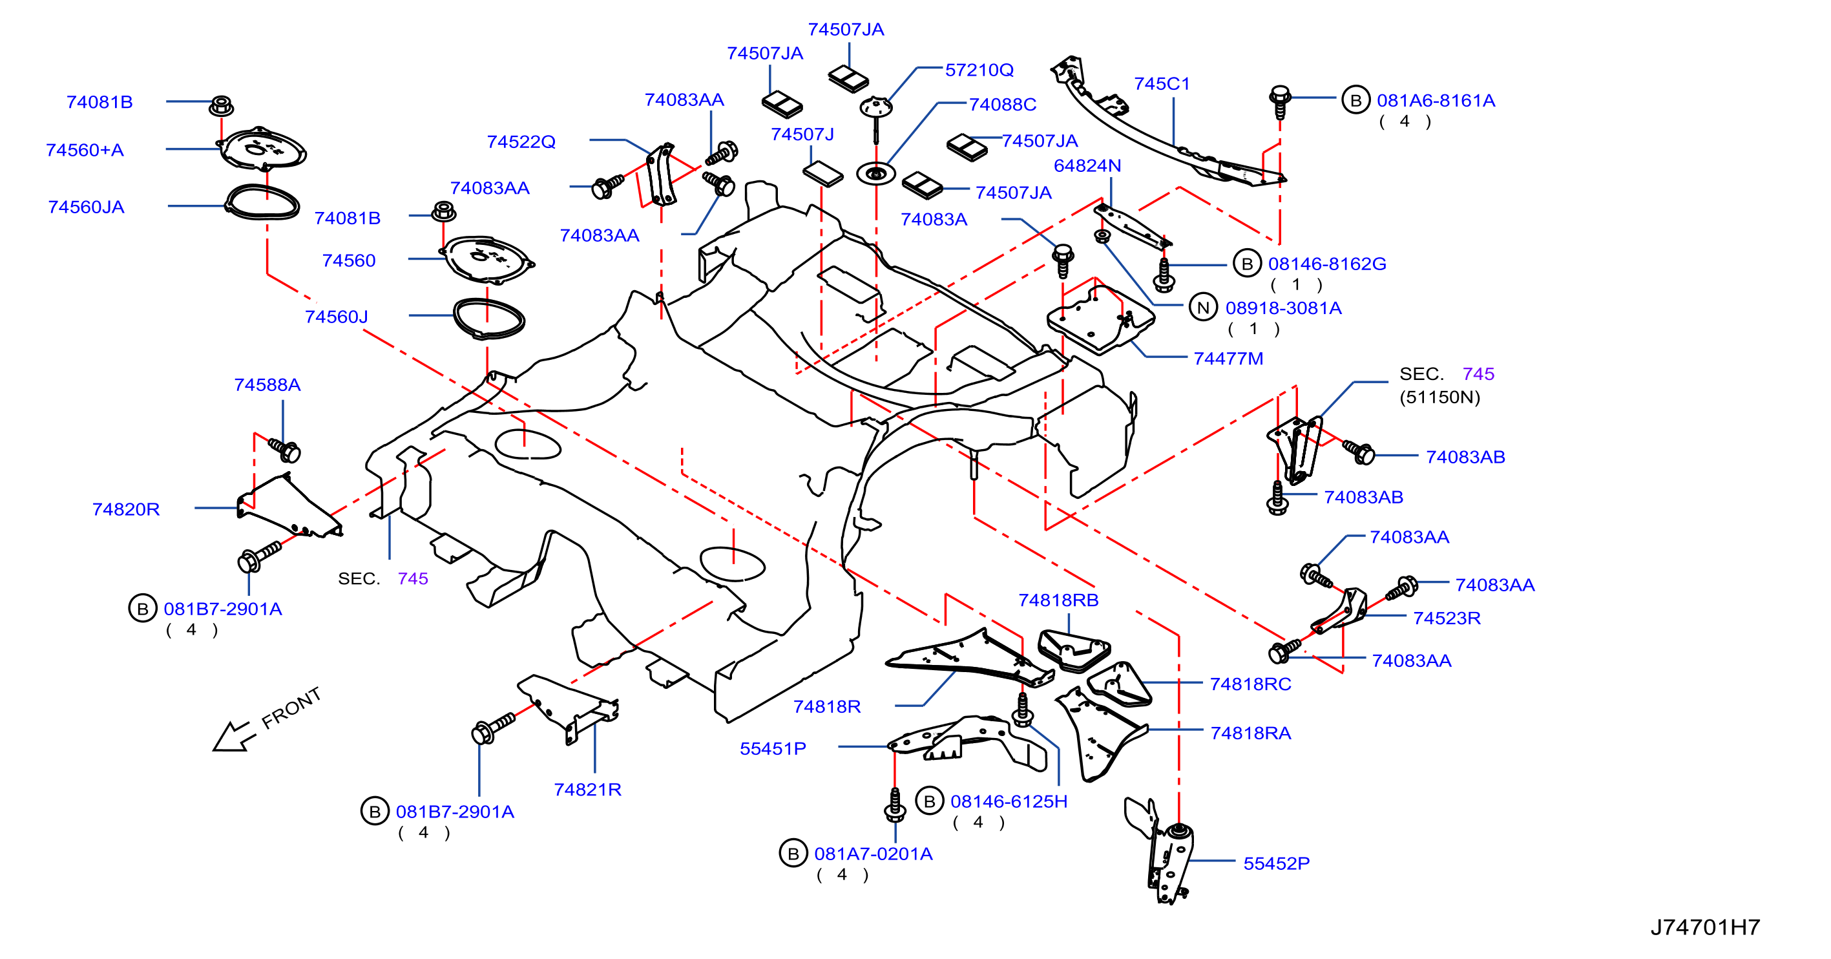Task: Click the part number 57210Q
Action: pos(979,70)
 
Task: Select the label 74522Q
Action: pos(521,142)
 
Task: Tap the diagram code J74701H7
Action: pos(1705,926)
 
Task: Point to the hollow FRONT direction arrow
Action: pos(233,737)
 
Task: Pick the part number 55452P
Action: pos(1276,863)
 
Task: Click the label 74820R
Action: pos(126,509)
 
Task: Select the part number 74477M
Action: pos(1228,358)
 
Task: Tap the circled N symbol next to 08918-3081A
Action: pos(1202,308)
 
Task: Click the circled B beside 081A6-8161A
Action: pos(1355,100)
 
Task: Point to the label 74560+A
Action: pos(85,150)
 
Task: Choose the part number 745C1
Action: pos(1162,83)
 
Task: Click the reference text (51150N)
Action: pos(1439,397)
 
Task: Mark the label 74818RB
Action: pos(1058,600)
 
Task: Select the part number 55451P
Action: pos(773,748)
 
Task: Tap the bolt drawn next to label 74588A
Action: pos(285,449)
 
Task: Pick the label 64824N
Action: pos(1087,165)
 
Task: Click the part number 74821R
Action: pos(587,789)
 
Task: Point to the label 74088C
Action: pos(1002,105)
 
